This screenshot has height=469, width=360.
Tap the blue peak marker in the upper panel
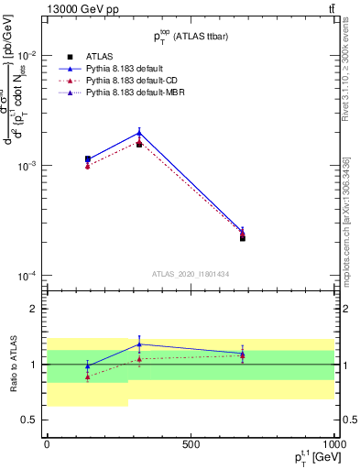tap(139, 133)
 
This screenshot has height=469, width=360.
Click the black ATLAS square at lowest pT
tap(88, 159)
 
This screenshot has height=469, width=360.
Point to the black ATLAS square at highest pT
tap(243, 237)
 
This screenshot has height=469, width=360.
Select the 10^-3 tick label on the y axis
tap(30, 166)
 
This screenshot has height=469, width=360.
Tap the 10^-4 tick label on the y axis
tap(30, 276)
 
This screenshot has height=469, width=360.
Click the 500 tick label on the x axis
tap(191, 443)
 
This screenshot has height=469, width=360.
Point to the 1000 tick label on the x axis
tap(333, 443)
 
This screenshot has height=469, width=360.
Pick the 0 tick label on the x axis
tap(47, 443)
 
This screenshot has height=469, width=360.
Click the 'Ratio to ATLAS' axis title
tap(12, 365)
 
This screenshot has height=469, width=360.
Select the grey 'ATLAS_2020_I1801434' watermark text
tap(191, 274)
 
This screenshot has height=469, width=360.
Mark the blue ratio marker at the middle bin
tap(139, 344)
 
